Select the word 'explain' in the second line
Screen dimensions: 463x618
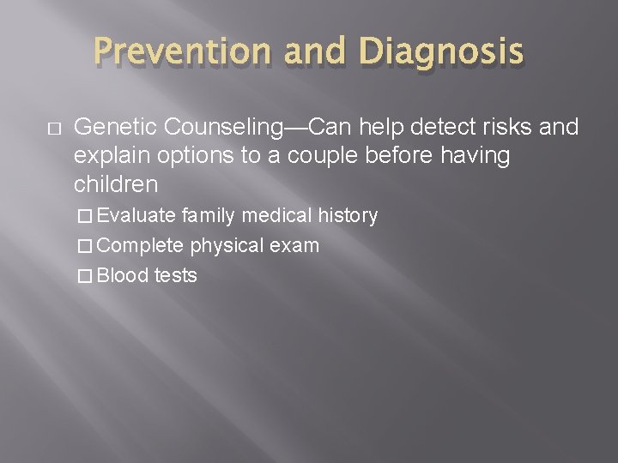(107, 156)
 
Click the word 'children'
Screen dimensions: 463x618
(116, 183)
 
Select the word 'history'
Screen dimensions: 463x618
(348, 216)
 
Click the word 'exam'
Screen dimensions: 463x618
(295, 246)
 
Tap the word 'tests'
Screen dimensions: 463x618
(176, 276)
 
